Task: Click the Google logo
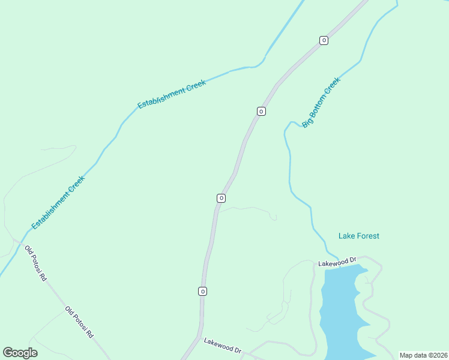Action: (x=20, y=353)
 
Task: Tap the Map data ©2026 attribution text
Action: (x=423, y=355)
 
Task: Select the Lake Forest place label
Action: (x=359, y=236)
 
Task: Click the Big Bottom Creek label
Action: (x=321, y=102)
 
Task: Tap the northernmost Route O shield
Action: (x=324, y=40)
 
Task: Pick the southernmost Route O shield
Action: (x=203, y=291)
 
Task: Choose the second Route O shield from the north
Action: (x=261, y=111)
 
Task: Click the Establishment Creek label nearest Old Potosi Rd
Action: (x=58, y=202)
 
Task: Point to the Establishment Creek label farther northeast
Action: (x=172, y=94)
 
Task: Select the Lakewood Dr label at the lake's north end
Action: (x=337, y=262)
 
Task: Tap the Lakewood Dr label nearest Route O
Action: (x=222, y=346)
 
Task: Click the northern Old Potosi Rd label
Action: (x=35, y=262)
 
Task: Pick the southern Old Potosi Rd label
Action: (x=79, y=322)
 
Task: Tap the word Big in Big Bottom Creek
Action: (x=307, y=122)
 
